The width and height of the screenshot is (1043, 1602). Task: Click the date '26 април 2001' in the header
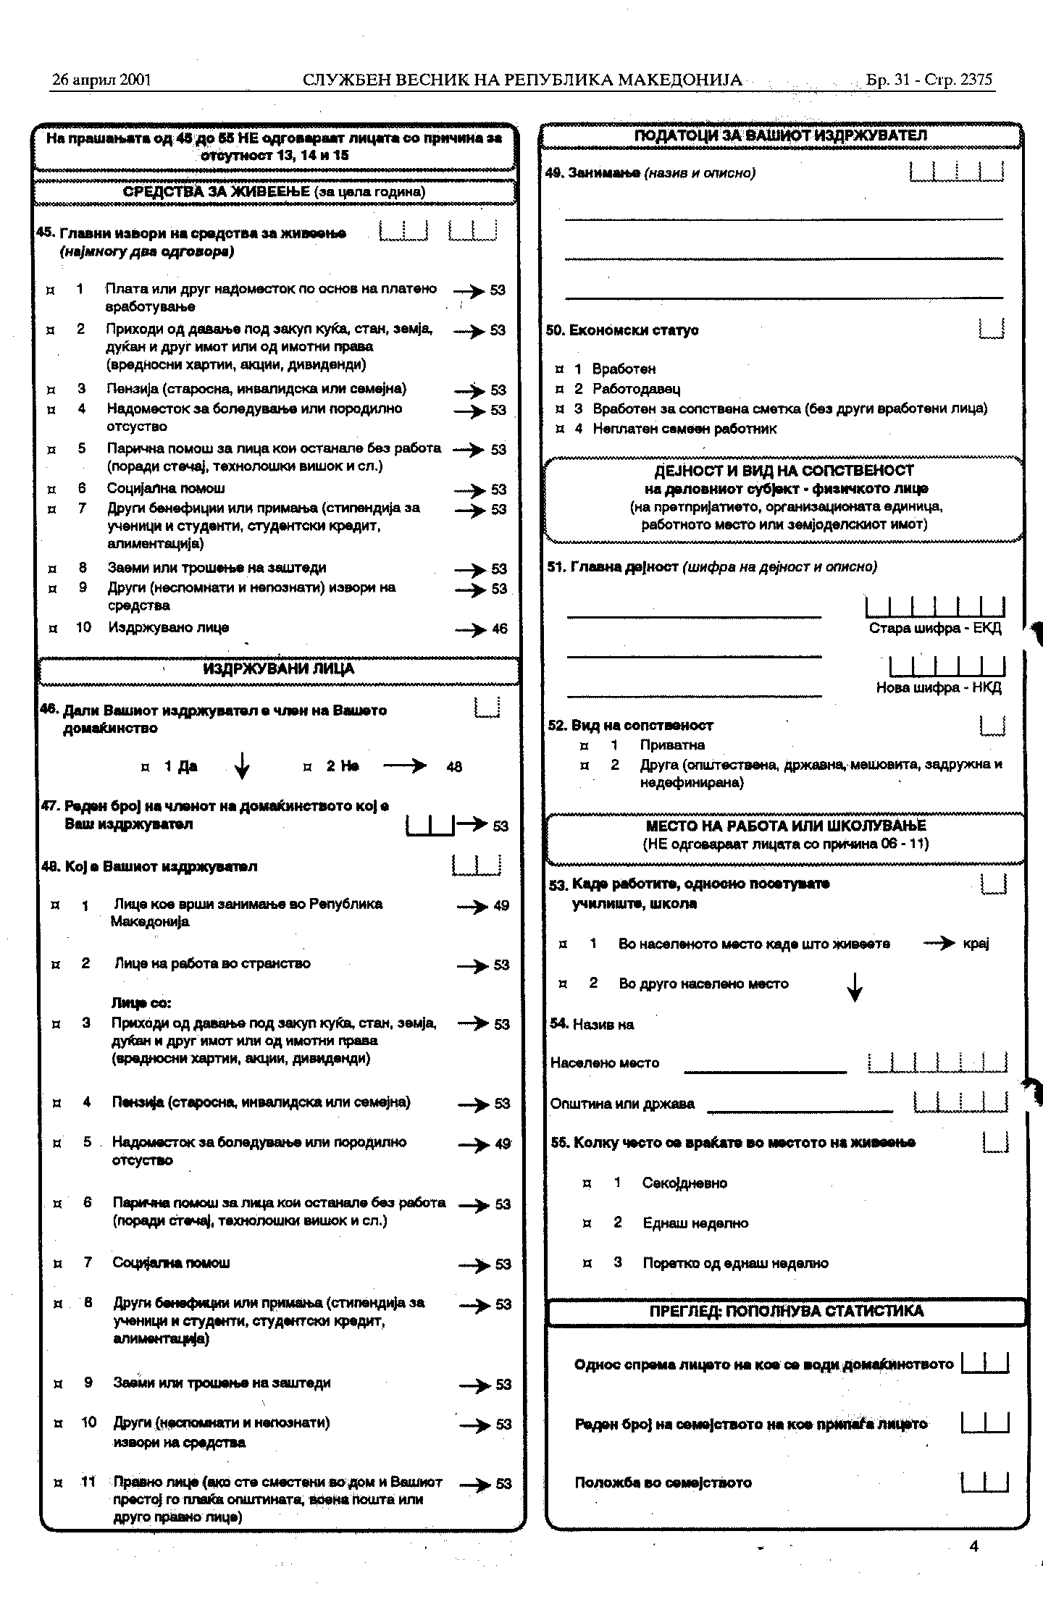(x=101, y=80)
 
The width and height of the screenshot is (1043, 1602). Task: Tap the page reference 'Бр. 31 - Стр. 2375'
(x=929, y=80)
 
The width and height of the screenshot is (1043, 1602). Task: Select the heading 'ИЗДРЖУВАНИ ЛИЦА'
(x=279, y=669)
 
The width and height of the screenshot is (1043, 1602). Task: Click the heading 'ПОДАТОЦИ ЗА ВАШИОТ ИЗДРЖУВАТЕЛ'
(x=781, y=135)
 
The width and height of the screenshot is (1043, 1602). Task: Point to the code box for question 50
(x=991, y=330)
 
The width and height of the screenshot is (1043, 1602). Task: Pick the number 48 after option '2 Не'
(x=454, y=767)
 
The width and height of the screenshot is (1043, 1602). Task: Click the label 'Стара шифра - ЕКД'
(x=935, y=628)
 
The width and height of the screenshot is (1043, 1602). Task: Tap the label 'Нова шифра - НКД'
(x=939, y=687)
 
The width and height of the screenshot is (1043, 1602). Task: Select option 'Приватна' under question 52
(x=672, y=745)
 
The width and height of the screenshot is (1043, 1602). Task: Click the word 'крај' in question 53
(x=976, y=944)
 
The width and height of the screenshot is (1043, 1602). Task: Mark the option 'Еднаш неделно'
(x=695, y=1223)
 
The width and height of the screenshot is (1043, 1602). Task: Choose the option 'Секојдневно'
(x=684, y=1183)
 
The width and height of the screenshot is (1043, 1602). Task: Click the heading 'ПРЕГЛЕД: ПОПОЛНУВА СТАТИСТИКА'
(x=787, y=1311)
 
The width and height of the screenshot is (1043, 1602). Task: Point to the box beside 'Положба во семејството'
(x=985, y=1482)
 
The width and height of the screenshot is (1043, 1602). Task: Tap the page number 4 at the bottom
(x=973, y=1546)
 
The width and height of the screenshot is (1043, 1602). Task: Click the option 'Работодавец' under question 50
(x=636, y=389)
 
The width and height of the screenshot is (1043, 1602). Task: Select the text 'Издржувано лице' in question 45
(x=169, y=627)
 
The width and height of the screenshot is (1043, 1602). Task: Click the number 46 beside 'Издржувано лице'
(x=500, y=629)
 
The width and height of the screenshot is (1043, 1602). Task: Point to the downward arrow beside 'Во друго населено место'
(x=855, y=986)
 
